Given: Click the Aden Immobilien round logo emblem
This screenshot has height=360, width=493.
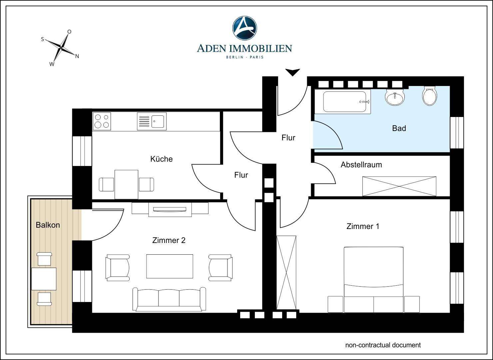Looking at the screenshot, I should click(245, 28).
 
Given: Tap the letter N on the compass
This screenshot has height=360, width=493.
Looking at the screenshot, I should click(77, 56).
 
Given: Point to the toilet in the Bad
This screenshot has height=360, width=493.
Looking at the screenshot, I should click(429, 96).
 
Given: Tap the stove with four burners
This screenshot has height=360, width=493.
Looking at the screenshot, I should click(102, 121).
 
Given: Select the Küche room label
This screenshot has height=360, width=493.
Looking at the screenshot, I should click(162, 159).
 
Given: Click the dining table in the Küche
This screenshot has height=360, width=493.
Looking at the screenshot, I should click(126, 184).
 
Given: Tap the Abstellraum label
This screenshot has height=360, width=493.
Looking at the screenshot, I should click(361, 165).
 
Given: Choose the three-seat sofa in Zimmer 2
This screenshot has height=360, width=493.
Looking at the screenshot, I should click(169, 299).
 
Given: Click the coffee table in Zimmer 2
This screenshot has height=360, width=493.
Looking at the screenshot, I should click(170, 266).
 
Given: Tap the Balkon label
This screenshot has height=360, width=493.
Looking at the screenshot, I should click(48, 225).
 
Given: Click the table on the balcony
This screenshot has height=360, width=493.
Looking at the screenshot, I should click(44, 279).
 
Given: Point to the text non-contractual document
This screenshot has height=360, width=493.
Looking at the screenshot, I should click(383, 345).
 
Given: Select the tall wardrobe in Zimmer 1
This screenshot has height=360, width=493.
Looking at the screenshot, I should click(286, 273).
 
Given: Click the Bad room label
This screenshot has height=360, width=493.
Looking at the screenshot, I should click(399, 128).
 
